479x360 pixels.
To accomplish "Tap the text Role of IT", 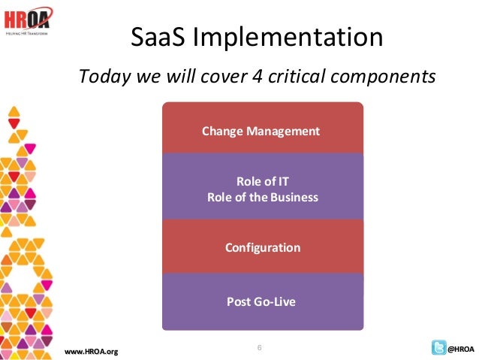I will pyautogui.click(x=262, y=182).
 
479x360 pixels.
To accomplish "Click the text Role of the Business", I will pyautogui.click(x=262, y=198).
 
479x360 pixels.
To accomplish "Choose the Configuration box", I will pyautogui.click(x=262, y=247).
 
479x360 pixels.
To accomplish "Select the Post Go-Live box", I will pyautogui.click(x=262, y=302).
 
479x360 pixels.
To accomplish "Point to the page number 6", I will pyautogui.click(x=259, y=346).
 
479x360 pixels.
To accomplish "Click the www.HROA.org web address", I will pyautogui.click(x=92, y=351).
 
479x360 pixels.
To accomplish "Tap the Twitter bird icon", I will pyautogui.click(x=438, y=348).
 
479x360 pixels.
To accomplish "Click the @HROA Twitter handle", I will pyautogui.click(x=461, y=349).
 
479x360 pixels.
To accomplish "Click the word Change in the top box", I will pyautogui.click(x=220, y=132).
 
